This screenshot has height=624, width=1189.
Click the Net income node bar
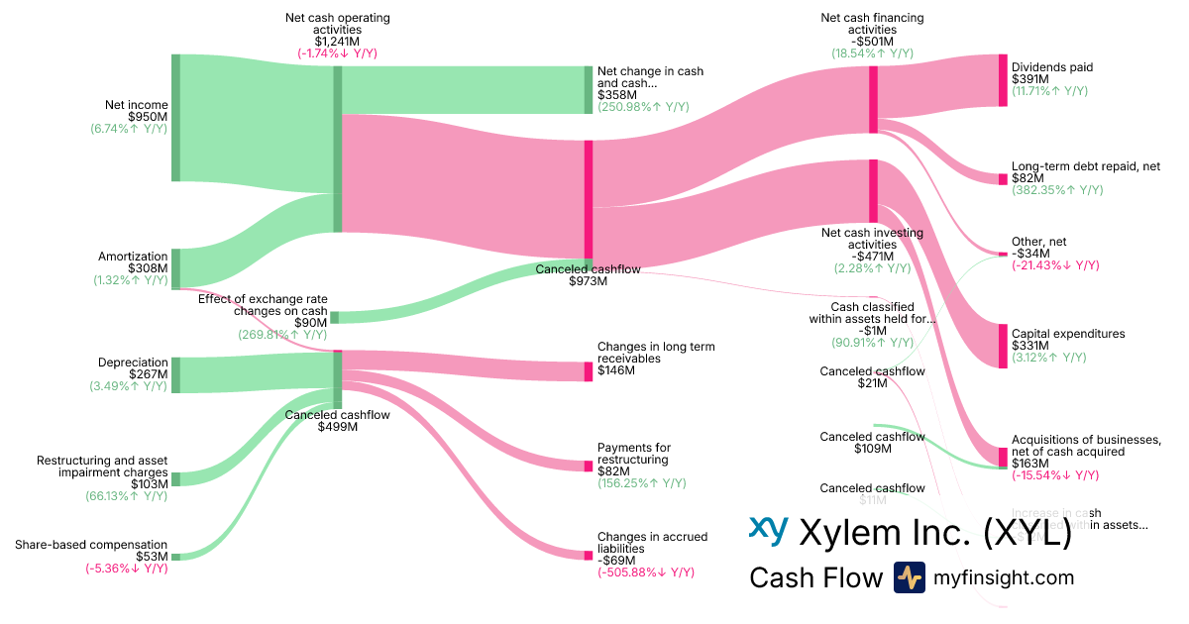coord(176,118)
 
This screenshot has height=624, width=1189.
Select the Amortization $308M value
coord(148,267)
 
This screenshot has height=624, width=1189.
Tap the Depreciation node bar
coord(176,374)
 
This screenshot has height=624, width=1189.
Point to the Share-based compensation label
coord(91,545)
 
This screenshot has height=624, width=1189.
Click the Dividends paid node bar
coord(1003,80)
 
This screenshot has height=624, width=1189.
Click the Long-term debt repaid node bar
coord(1003,178)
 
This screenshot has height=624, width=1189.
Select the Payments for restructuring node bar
coord(589,466)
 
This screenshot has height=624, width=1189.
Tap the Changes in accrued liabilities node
coord(589,555)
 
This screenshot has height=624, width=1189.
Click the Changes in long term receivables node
coord(589,371)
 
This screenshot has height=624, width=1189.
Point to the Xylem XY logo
coord(768,531)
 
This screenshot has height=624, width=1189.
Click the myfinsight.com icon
coord(910,577)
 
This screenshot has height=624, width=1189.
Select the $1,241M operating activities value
coord(337,42)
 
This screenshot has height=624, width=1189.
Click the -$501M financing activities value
coord(872,42)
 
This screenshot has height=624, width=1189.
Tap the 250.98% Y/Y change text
coord(643,107)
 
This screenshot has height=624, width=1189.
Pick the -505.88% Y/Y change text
coord(645,572)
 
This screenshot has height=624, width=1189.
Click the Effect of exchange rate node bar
coord(335,317)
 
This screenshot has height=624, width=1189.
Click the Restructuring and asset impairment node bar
coord(176,479)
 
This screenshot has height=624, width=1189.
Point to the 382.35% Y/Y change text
coord(1057,190)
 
